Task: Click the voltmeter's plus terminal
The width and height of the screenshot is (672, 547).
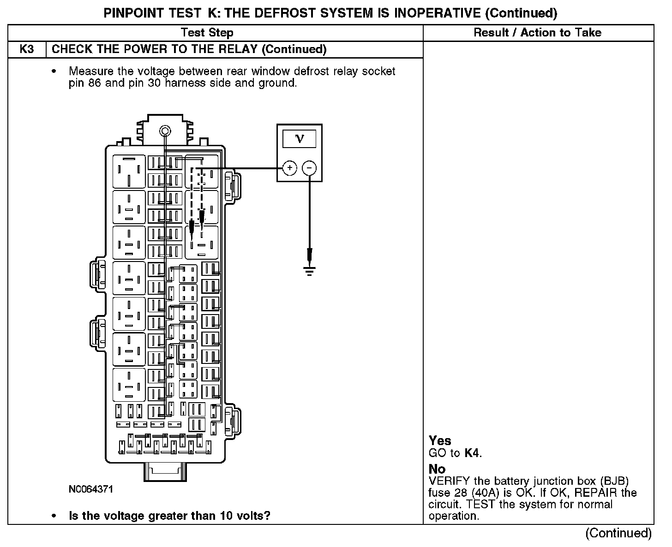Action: [x=289, y=168]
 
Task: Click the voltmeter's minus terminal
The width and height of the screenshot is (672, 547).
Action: [x=309, y=168]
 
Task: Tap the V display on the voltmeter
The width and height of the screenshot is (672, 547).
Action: [x=300, y=138]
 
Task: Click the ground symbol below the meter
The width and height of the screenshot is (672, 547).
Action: [x=310, y=270]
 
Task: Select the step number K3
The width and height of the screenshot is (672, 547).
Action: [x=27, y=49]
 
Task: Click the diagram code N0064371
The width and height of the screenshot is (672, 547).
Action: [x=90, y=489]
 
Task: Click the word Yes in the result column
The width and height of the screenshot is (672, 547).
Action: [x=440, y=441]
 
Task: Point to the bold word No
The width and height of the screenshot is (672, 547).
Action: [x=437, y=470]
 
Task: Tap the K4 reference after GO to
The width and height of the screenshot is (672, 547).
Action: [x=472, y=453]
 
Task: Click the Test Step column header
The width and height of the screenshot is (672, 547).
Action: [x=207, y=33]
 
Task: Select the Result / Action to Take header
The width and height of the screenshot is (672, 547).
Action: [x=538, y=33]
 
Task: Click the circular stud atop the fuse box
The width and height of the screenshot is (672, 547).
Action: [x=165, y=131]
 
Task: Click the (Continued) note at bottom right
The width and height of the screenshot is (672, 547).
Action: [x=618, y=533]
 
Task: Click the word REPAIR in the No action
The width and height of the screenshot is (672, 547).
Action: [x=597, y=493]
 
